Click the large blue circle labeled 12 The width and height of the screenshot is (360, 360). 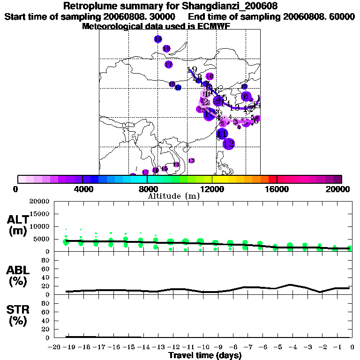[x=229, y=144]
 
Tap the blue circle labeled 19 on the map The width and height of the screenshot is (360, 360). [x=158, y=39]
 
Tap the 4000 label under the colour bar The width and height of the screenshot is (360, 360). [x=82, y=188]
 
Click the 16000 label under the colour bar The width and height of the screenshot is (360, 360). [x=277, y=188]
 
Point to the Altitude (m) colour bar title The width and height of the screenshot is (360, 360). [x=173, y=196]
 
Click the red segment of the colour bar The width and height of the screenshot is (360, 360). [x=272, y=179]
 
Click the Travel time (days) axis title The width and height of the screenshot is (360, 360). [x=205, y=356]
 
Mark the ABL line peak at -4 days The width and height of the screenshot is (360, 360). [x=291, y=285]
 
